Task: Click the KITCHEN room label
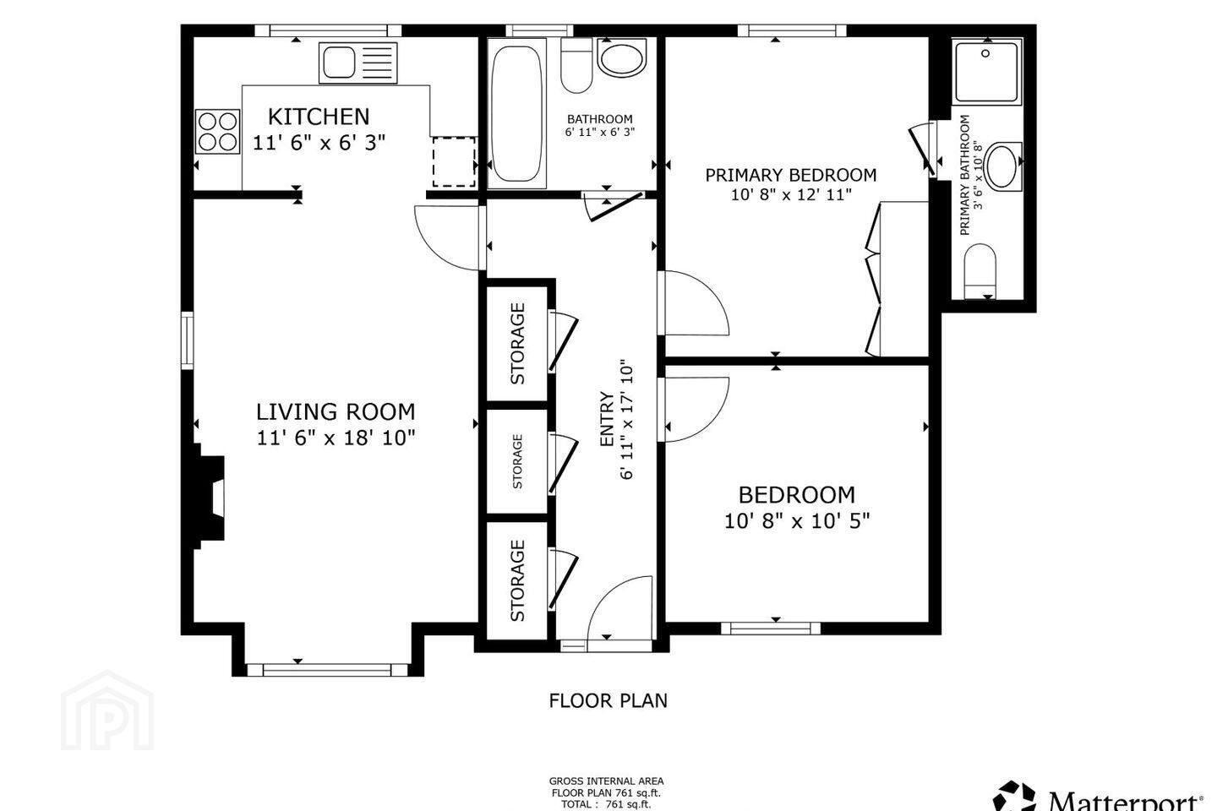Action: (x=319, y=117)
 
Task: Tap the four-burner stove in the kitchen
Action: (x=218, y=132)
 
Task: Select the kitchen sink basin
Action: (x=339, y=63)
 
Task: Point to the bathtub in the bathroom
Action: (x=516, y=113)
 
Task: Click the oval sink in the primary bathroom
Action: (x=1003, y=166)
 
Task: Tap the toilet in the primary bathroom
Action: (x=980, y=271)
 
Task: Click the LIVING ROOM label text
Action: (x=336, y=411)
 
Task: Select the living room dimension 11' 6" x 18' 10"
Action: (x=336, y=438)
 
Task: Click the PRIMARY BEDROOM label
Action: (x=790, y=175)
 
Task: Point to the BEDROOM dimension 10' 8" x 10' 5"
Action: (x=796, y=521)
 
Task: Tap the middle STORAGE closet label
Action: (x=517, y=461)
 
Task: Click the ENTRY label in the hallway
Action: (x=606, y=419)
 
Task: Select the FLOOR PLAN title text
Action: (x=608, y=700)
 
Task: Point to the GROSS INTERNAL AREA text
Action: (x=606, y=781)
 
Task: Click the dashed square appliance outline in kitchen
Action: (x=454, y=161)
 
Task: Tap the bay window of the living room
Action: (x=327, y=669)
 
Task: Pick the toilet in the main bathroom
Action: (x=576, y=65)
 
